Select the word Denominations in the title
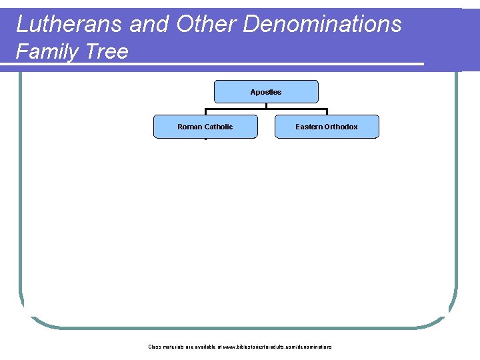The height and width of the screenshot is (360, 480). pos(323,24)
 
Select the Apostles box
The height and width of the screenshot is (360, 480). pos(266,91)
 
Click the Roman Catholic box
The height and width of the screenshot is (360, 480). pos(205,127)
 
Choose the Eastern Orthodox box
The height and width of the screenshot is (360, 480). pos(327,127)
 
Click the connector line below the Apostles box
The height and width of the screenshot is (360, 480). pos(266,108)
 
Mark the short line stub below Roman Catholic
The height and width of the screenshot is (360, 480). pos(206,139)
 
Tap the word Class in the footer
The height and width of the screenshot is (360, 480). pos(154,347)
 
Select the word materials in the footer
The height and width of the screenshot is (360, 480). pos(173,347)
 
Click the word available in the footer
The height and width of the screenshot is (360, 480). pos(202,347)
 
